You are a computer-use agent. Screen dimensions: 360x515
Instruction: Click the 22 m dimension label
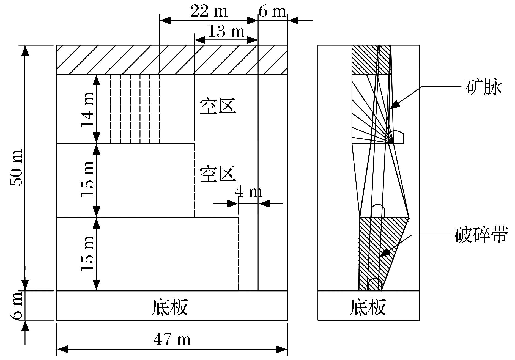[x=209, y=12]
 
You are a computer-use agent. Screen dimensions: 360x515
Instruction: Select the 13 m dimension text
[x=226, y=31]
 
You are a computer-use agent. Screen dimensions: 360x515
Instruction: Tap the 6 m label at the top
[x=272, y=12]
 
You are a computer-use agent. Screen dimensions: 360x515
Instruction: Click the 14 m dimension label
[x=88, y=109]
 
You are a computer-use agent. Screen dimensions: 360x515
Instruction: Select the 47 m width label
[x=172, y=339]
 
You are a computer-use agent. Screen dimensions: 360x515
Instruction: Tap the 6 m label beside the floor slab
[x=16, y=306]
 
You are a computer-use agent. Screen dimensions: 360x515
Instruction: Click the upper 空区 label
[x=218, y=106]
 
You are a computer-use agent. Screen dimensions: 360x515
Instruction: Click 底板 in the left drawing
[x=170, y=307]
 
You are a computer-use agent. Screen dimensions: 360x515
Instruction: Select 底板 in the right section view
[x=368, y=307]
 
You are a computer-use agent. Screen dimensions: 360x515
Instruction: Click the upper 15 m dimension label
[x=88, y=180]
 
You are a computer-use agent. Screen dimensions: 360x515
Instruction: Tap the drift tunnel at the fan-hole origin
[x=395, y=137]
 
